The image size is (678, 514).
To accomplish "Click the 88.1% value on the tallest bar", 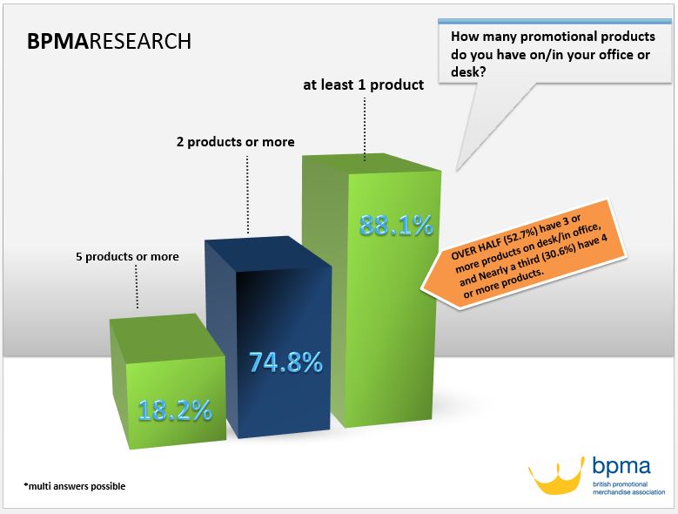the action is pos(396,226).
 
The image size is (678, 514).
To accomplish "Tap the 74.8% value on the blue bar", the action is pos(285,362).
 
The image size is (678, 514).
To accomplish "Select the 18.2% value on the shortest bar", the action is pos(175,410).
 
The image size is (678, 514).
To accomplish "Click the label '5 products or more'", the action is pos(128,257).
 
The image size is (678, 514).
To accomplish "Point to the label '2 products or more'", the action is pos(236,142).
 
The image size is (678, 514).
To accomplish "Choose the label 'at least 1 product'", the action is pos(364,85).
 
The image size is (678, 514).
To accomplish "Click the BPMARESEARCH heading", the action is pos(109,42).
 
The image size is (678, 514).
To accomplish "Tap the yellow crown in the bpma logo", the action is pos(556,477).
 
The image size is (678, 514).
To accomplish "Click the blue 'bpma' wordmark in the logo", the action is pos(621,466).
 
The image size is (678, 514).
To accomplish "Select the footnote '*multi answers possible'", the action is pos(74,486).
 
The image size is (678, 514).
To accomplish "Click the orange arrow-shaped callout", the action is pos(524,254).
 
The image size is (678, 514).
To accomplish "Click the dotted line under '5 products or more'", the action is pos(137,287).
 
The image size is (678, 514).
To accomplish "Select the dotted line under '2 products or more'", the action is pos(247,194).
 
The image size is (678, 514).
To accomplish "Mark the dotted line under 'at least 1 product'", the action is pos(365,129).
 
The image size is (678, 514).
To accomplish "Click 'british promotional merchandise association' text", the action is pos(628,488).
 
